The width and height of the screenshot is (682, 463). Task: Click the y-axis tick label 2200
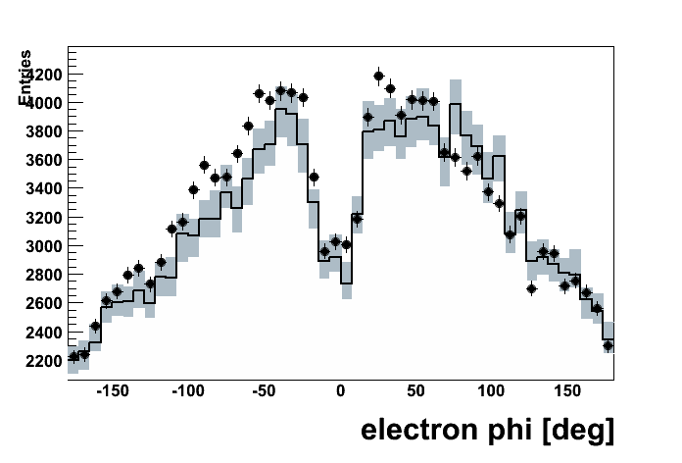44,361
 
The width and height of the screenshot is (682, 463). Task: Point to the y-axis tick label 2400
44,333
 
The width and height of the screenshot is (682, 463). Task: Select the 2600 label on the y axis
44,303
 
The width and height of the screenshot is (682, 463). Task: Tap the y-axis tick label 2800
44,275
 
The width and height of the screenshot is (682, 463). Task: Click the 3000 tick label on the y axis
44,246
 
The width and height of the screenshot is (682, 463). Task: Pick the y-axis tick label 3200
44,218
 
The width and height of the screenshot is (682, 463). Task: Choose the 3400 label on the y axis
44,188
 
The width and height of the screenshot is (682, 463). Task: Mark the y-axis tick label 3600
44,160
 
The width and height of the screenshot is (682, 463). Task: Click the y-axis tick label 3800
44,131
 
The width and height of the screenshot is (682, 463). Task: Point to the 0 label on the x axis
341,391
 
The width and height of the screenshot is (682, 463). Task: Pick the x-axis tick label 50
416,391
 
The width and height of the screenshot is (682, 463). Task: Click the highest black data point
379,76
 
